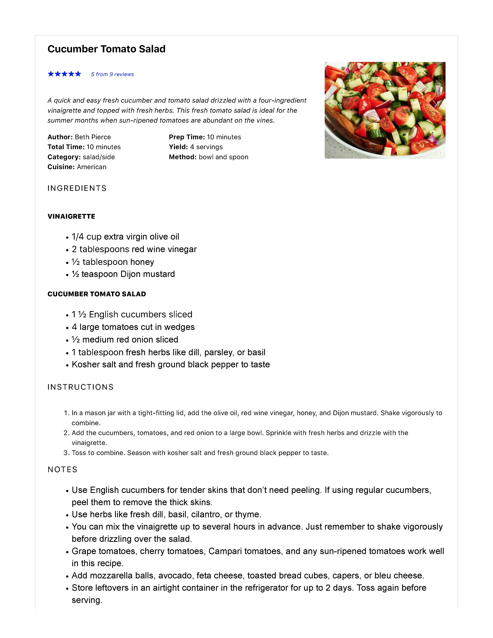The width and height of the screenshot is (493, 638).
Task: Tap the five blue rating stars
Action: point(64,74)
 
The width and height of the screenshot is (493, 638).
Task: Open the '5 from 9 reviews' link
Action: point(112,74)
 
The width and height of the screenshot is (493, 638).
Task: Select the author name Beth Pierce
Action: point(93,137)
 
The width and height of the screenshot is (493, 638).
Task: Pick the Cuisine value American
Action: point(92,167)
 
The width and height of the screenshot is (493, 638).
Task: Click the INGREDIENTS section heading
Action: point(77,188)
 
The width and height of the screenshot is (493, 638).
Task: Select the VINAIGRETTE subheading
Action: point(71,216)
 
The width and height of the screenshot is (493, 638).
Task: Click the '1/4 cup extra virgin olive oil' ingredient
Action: point(125,237)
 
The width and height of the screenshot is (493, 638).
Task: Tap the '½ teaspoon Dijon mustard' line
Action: point(123,274)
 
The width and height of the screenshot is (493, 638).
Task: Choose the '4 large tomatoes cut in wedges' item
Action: point(133,327)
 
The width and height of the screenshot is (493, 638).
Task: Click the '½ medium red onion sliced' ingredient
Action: point(125,340)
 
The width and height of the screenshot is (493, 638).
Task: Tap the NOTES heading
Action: point(63,470)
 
